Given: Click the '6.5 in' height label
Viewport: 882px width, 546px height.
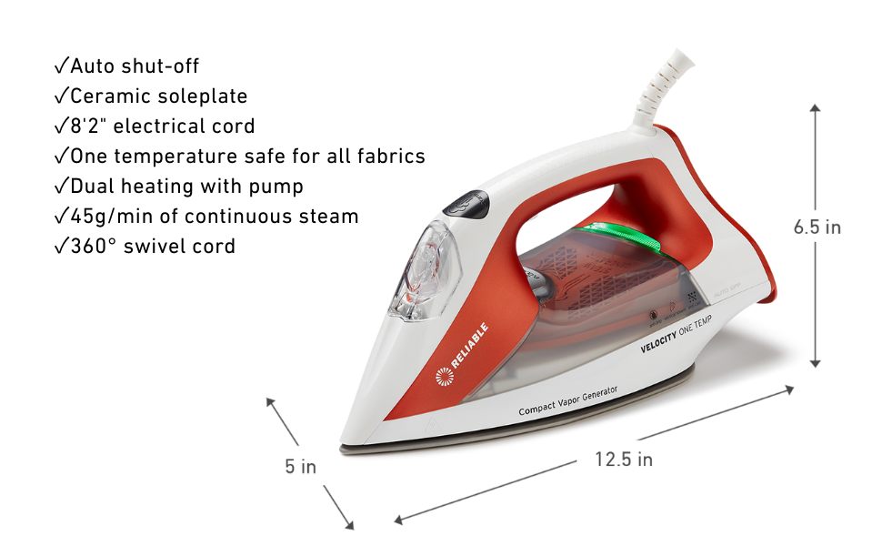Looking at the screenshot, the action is pyautogui.click(x=817, y=227).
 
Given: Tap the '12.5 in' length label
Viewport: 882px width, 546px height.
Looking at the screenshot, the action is pyautogui.click(x=624, y=459).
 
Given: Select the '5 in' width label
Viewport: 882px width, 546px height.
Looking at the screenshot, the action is pyautogui.click(x=300, y=467).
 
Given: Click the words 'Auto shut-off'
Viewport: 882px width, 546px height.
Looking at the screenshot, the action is pyautogui.click(x=135, y=66).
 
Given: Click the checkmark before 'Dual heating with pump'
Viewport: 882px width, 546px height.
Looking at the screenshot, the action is pyautogui.click(x=61, y=187).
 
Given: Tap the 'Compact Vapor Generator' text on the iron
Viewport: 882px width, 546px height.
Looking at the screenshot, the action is pyautogui.click(x=567, y=400).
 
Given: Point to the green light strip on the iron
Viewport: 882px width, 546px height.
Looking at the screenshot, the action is pyautogui.click(x=623, y=235).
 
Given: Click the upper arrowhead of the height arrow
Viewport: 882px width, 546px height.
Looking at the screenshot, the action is pyautogui.click(x=815, y=108).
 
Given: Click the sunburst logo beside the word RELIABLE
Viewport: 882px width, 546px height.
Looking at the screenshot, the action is pyautogui.click(x=445, y=376).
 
